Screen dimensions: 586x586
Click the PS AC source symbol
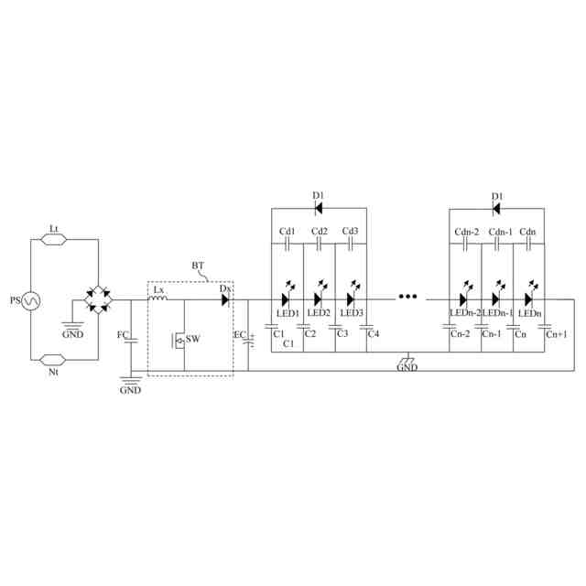(x=29, y=299)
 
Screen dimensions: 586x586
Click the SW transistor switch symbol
(x=179, y=341)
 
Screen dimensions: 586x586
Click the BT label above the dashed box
(x=199, y=266)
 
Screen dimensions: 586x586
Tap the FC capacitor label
(x=122, y=335)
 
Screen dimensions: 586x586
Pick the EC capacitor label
(x=239, y=336)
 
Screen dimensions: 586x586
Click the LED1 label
(x=288, y=314)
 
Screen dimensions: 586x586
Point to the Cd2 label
(x=319, y=231)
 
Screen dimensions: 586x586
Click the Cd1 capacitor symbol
(x=288, y=245)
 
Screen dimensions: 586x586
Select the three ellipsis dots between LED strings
(x=407, y=298)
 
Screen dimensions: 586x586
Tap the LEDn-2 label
(x=461, y=314)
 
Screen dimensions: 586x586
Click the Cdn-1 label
(x=500, y=231)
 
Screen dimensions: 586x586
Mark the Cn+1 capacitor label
(x=556, y=335)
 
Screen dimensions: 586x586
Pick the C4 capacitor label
(x=373, y=333)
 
